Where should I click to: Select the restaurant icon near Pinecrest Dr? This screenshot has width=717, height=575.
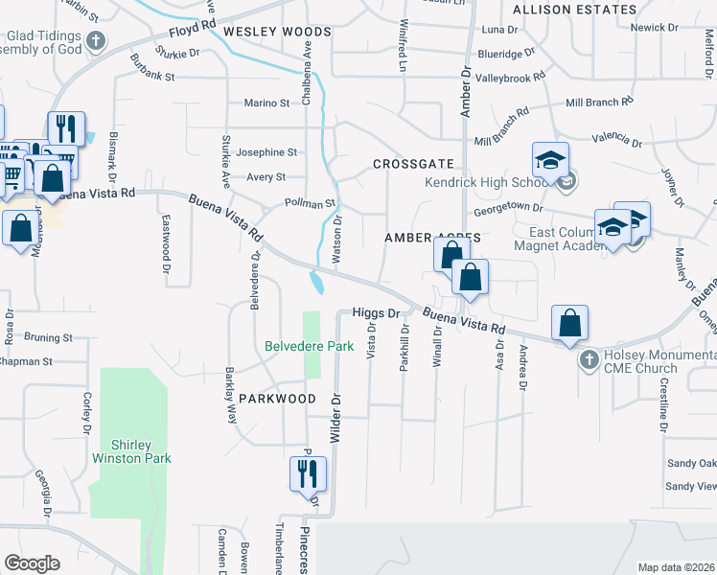tap(308, 473)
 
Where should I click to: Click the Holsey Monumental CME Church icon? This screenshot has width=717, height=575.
tap(589, 361)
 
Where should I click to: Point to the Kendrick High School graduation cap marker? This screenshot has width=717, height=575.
tap(551, 160)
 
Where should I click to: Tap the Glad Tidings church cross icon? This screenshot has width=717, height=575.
tap(95, 40)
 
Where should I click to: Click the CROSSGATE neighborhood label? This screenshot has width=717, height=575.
tap(405, 165)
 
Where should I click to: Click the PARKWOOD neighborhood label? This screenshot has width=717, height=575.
tap(277, 398)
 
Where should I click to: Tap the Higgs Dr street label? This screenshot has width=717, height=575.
tap(375, 312)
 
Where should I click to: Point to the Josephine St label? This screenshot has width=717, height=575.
tap(266, 152)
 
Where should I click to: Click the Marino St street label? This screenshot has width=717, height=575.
tap(266, 103)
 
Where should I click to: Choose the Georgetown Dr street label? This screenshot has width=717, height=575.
tap(508, 208)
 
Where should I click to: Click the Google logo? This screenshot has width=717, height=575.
tap(32, 563)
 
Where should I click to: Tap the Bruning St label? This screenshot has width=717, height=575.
tap(48, 337)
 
